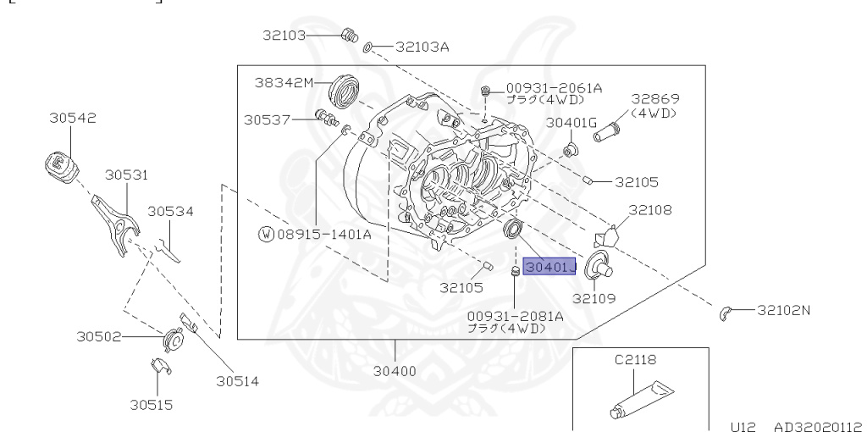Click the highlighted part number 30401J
549,268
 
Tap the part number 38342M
284,82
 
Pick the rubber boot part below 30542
60,163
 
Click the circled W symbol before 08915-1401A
266,234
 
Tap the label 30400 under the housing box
395,370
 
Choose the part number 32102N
783,310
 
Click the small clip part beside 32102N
726,313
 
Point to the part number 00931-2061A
554,87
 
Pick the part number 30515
152,405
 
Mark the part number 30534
171,211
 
